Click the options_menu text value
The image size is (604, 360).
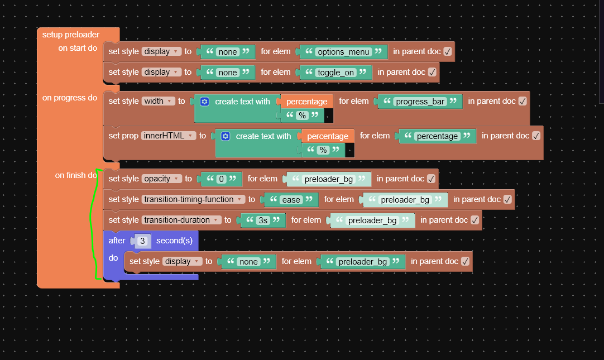coord(343,51)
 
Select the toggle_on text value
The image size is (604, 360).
coord(335,73)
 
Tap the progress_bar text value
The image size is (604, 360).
coord(420,101)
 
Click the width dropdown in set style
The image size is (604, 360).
coord(158,101)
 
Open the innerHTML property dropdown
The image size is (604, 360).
coord(169,136)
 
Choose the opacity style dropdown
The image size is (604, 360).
coord(161,179)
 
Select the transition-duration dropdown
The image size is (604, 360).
coord(181,220)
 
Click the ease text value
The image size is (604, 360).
coord(291,199)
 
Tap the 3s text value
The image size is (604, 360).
coord(263,220)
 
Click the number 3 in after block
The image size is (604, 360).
coord(142,241)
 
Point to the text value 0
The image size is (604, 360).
coord(221,179)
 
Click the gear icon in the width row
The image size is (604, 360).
coord(204,102)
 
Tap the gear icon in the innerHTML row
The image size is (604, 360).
coord(226,136)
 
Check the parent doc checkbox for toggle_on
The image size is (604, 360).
coord(432,72)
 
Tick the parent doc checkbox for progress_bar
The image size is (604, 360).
coord(522,101)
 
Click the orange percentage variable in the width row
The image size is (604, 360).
coord(306,102)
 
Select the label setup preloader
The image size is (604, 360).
coord(71,35)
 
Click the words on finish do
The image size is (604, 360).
coord(76,175)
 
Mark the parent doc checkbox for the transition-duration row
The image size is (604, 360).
coord(474,220)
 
